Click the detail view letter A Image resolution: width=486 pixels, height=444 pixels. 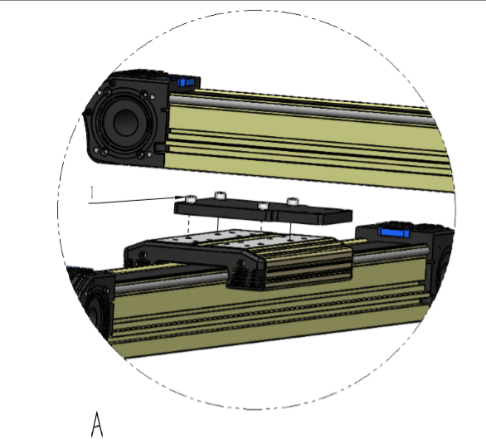(97, 424)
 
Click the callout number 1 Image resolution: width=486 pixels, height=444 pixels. (92, 193)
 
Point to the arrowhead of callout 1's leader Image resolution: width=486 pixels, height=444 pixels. (181, 198)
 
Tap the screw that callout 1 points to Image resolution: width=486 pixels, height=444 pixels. (191, 198)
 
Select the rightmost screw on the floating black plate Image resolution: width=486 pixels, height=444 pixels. (292, 202)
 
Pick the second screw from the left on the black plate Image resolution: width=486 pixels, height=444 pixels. (220, 195)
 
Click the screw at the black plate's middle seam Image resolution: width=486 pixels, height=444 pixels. (263, 206)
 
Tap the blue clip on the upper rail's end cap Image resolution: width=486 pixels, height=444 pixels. (186, 82)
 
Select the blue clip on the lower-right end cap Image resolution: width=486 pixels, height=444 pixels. (394, 232)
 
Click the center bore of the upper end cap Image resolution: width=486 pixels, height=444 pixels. (125, 123)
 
